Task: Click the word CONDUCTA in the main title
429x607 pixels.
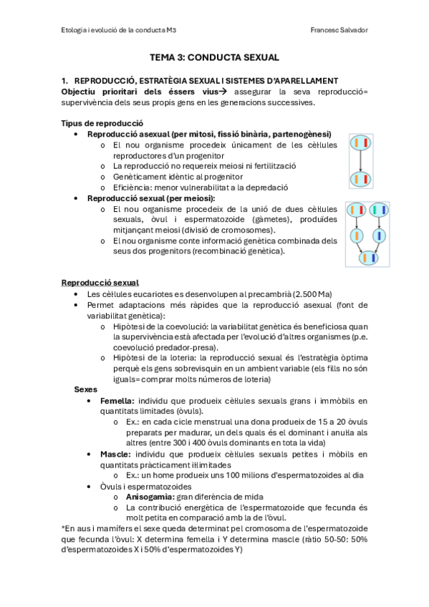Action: click(223, 57)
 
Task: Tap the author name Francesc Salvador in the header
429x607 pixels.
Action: click(339, 29)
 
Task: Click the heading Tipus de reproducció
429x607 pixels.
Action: click(102, 123)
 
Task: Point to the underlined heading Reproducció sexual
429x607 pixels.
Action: click(100, 283)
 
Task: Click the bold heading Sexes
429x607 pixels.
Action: click(87, 389)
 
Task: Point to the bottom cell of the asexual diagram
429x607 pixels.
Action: click(360, 179)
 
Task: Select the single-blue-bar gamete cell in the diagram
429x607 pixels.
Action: click(380, 235)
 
